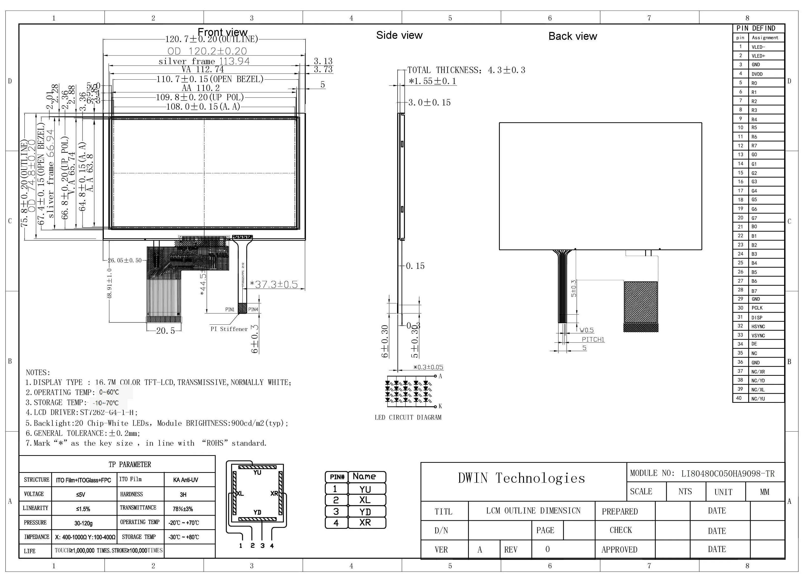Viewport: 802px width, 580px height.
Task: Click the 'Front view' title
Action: click(222, 32)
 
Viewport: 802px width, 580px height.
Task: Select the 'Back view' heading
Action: click(572, 36)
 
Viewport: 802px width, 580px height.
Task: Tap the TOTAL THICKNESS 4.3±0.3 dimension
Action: click(466, 70)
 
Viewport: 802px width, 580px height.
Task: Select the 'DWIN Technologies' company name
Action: click(521, 478)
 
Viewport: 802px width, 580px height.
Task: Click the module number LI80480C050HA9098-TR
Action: click(728, 474)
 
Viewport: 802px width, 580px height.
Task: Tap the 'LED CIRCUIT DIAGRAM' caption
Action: click(408, 418)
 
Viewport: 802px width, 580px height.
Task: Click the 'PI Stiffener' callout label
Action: click(229, 329)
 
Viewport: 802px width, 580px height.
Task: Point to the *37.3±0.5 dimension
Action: click(274, 285)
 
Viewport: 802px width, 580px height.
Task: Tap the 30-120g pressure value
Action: click(83, 523)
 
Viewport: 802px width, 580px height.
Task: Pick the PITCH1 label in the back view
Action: click(593, 339)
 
